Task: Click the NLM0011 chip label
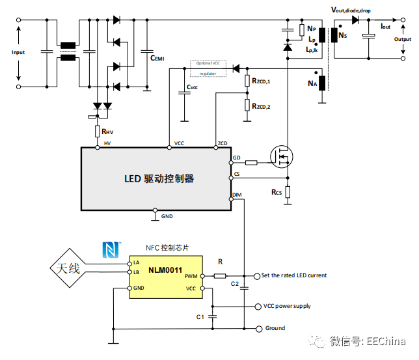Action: (165, 270)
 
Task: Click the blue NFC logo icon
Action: (109, 249)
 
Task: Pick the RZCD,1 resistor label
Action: (260, 81)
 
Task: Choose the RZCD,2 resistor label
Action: (260, 105)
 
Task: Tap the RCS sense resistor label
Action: (277, 193)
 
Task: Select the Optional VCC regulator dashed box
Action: (208, 68)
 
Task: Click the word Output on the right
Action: (402, 39)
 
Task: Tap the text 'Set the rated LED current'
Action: (294, 275)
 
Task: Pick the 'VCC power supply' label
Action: (287, 306)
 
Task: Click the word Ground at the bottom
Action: (275, 328)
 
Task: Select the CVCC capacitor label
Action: (192, 87)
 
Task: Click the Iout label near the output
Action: (386, 26)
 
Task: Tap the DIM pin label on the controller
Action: (237, 195)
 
